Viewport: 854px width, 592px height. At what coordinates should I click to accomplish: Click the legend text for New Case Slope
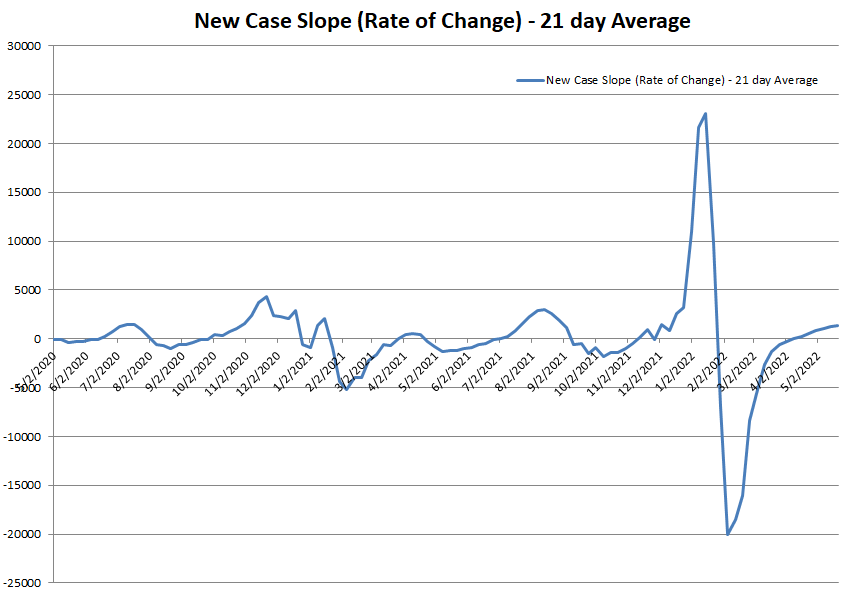click(681, 80)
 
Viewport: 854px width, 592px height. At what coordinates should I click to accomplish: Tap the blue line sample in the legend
click(529, 80)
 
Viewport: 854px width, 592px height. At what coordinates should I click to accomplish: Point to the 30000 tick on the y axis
click(23, 46)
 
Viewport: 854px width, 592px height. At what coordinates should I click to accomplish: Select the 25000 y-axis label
click(23, 95)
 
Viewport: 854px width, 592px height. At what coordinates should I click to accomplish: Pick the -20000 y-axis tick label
click(21, 534)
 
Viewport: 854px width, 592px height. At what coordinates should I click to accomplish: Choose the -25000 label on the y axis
click(21, 583)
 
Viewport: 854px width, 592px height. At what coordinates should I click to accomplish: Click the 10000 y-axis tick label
click(23, 241)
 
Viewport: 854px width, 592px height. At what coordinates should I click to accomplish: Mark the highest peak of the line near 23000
click(706, 114)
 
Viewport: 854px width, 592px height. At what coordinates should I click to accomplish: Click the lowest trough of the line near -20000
click(727, 534)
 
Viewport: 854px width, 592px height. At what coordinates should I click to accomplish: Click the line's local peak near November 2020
click(266, 297)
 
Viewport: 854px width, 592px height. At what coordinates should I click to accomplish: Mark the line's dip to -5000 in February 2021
click(346, 388)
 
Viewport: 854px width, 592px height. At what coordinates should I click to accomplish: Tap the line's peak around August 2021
click(542, 309)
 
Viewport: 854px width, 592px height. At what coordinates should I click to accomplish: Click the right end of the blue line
click(837, 325)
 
